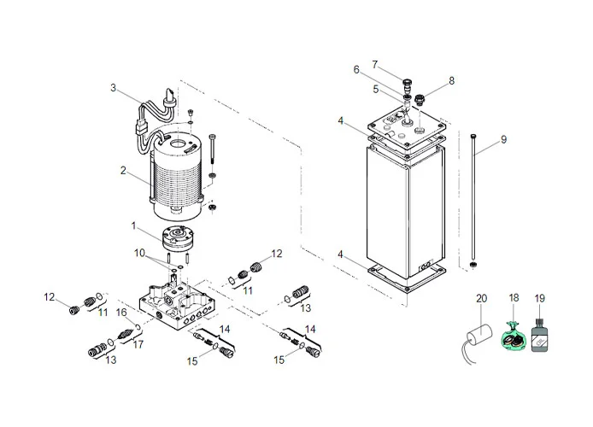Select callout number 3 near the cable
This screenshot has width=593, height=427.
(113, 87)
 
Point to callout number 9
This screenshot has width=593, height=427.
(503, 140)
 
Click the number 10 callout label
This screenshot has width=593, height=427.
(138, 253)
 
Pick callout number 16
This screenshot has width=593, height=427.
(121, 313)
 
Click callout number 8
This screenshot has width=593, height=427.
(451, 80)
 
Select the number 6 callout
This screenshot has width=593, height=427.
(380, 69)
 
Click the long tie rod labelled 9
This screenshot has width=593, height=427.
(472, 201)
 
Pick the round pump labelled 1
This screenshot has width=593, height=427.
(177, 237)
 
